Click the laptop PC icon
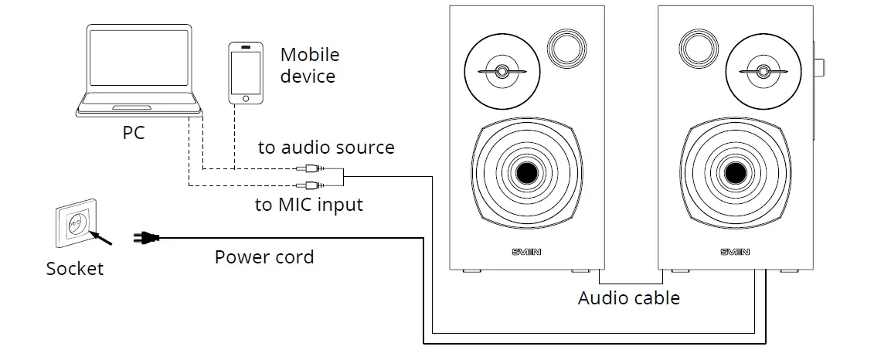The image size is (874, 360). click(139, 70)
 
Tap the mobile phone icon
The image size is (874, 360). click(245, 73)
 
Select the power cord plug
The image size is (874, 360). click(146, 239)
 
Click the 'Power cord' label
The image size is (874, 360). click(264, 257)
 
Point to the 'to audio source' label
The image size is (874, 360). click(325, 148)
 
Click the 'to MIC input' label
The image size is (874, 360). click(308, 205)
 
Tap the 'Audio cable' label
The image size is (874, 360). click(628, 298)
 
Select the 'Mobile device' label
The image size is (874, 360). click(309, 66)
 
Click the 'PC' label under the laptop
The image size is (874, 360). click(134, 134)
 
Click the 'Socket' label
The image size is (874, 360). click(74, 269)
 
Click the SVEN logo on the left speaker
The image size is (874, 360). click(526, 252)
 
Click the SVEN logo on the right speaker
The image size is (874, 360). click(735, 252)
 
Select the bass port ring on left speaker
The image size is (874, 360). click(565, 47)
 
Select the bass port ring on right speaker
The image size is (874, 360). click(696, 47)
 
